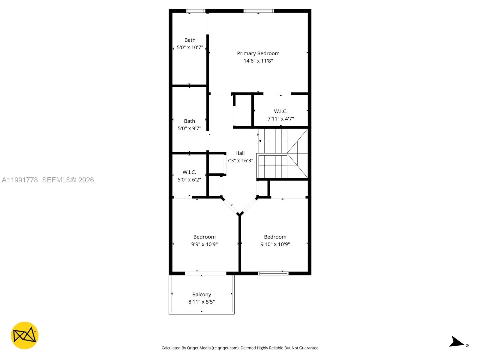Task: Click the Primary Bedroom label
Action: coord(258,53)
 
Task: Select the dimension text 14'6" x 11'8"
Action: coord(258,61)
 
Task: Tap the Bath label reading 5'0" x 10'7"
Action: coord(190,47)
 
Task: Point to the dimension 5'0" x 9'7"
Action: coord(189,128)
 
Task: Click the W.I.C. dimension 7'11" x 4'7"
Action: coord(280,119)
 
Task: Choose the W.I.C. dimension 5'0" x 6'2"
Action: coord(189,180)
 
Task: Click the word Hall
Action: coord(240,153)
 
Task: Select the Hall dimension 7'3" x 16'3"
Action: coord(240,161)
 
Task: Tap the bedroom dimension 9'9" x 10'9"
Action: coord(204,244)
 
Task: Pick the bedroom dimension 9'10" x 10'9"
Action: coord(275,244)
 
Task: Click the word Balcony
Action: coord(202,295)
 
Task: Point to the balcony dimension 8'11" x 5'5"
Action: coord(202,302)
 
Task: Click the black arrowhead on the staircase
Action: coord(260,141)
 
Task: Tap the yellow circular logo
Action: coord(25,335)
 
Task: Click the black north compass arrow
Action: coord(457,342)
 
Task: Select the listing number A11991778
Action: coord(20,180)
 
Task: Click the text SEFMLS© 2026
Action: coord(68,180)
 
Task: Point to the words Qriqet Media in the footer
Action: coord(199,348)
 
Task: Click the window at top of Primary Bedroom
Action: coord(259,11)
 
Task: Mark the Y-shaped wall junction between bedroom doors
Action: coord(240,214)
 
